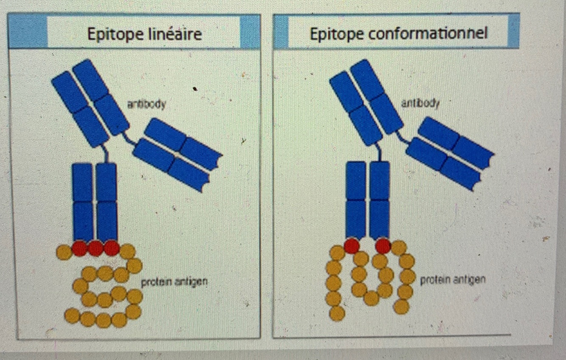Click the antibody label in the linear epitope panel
146,104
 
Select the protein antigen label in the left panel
174,281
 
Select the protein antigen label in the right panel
452,280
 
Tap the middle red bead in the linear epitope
95,248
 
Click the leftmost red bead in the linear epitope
79,248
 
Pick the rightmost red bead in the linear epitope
111,248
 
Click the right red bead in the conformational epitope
383,246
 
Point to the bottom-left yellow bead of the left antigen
72,315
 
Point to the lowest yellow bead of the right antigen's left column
337,313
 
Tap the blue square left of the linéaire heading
28,31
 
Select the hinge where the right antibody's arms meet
383,144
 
